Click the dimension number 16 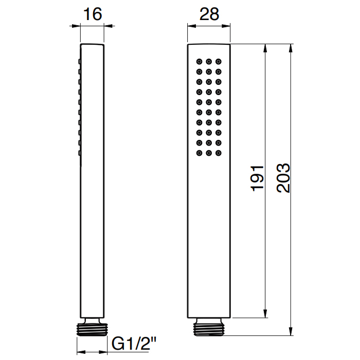tap(93, 14)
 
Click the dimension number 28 tap(209, 14)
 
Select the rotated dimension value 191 tap(257, 178)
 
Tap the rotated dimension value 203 tap(283, 178)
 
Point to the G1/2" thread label tap(134, 343)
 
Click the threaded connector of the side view tap(92, 328)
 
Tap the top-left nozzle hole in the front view tap(199, 62)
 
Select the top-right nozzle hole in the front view tap(219, 62)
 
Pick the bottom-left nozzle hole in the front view tap(199, 153)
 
